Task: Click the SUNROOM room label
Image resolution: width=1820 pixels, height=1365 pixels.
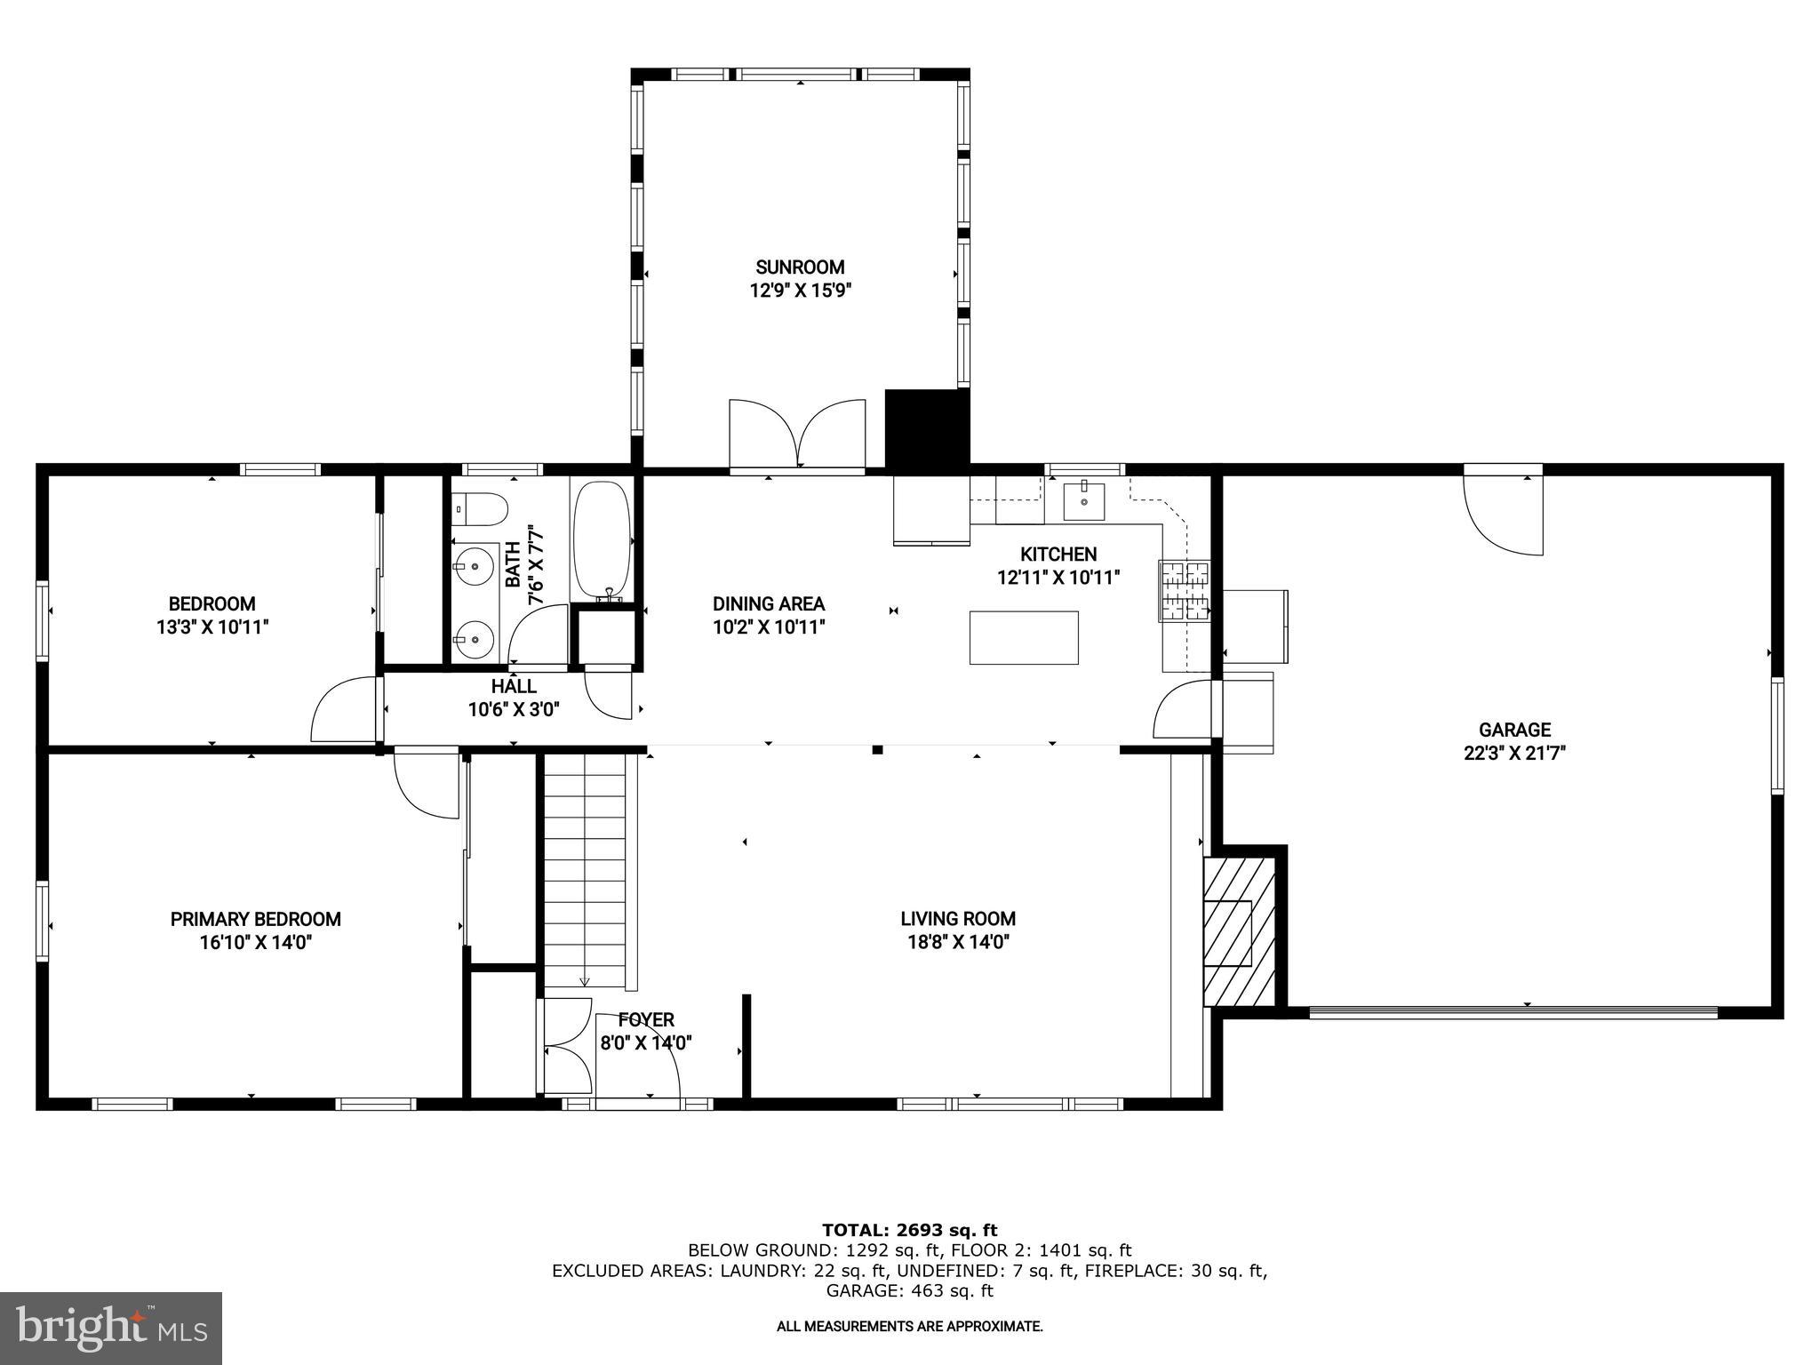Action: tap(800, 267)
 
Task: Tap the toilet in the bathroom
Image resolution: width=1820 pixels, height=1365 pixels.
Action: tap(480, 510)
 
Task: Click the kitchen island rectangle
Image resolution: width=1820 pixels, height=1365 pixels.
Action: tap(1024, 637)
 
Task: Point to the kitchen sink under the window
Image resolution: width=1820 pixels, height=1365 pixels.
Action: tap(1084, 500)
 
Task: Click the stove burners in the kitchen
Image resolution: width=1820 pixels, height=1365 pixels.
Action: tap(1184, 590)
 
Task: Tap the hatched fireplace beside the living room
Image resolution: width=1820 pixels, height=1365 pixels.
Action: tap(1239, 930)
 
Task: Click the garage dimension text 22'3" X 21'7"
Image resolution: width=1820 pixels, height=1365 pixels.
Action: tap(1514, 753)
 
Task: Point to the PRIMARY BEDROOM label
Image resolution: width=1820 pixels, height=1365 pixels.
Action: tap(256, 919)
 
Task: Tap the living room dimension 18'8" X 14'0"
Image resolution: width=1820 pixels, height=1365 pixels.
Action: tap(958, 942)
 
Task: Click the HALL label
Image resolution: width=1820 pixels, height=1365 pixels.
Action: tap(514, 686)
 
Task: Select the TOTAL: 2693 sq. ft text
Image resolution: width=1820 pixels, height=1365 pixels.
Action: tap(909, 1230)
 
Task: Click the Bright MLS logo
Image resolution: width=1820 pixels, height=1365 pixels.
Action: tap(111, 1328)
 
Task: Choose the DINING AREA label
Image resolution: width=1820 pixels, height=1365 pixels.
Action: tap(769, 604)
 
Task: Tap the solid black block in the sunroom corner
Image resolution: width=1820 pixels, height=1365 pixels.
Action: tap(926, 427)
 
